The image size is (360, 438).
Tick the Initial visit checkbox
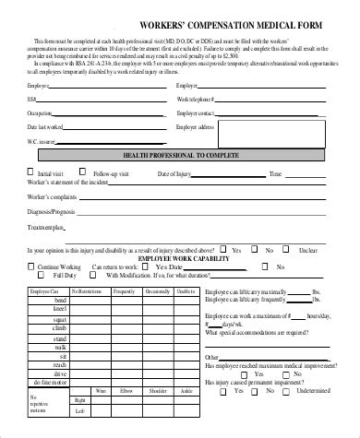(31, 172)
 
